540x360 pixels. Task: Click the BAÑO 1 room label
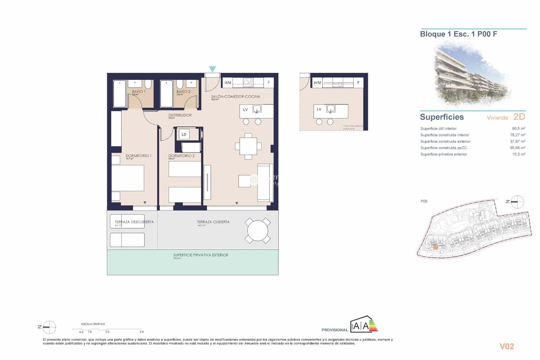point(139,92)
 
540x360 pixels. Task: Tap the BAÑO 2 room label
point(183,92)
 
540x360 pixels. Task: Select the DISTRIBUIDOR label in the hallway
point(180,115)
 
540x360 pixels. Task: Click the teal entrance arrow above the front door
point(212,69)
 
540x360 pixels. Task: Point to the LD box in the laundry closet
point(184,134)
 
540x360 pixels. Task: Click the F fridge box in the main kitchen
point(269,83)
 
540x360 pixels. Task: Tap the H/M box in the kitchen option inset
point(318,83)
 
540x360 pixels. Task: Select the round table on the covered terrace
point(258,231)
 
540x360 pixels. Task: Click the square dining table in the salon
point(248,146)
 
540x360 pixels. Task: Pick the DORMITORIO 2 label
point(181,156)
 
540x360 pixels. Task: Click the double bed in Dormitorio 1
point(128,178)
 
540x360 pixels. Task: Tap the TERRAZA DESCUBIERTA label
point(134,222)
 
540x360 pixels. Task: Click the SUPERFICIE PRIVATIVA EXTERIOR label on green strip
point(201,255)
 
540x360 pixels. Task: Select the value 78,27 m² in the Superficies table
point(517,135)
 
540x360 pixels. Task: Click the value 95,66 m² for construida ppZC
point(517,148)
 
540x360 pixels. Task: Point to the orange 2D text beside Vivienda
point(519,117)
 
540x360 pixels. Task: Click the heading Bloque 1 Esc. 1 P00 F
point(458,34)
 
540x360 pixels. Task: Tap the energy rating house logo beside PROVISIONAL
point(364,325)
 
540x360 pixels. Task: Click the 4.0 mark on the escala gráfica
point(142,332)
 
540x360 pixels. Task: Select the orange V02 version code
point(507,346)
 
